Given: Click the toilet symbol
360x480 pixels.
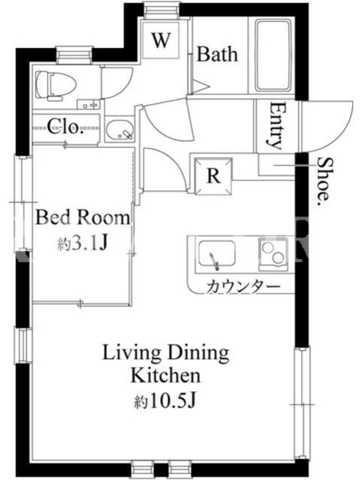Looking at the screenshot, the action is [x=55, y=85].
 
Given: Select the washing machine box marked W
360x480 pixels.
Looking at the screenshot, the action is [x=161, y=40].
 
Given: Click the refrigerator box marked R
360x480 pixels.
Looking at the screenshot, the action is [x=214, y=176].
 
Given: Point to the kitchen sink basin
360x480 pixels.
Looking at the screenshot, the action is [x=217, y=254].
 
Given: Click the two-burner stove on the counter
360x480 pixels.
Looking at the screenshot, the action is [x=273, y=254].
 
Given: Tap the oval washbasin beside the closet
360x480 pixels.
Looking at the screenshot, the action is [x=119, y=130].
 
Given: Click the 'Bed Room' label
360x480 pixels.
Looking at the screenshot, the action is [x=83, y=218].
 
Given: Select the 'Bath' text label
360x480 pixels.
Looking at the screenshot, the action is [x=217, y=54].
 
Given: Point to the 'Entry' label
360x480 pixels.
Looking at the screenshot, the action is [x=274, y=126].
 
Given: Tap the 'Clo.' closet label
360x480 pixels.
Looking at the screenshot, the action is [x=65, y=127].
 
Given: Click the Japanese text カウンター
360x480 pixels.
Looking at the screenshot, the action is [x=244, y=287].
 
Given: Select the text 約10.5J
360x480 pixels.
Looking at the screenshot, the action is [x=164, y=401].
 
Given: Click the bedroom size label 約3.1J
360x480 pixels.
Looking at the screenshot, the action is [x=83, y=244].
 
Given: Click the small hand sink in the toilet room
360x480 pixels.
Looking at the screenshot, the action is [x=88, y=104].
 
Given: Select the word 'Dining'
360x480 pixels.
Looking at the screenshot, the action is [x=199, y=353].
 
